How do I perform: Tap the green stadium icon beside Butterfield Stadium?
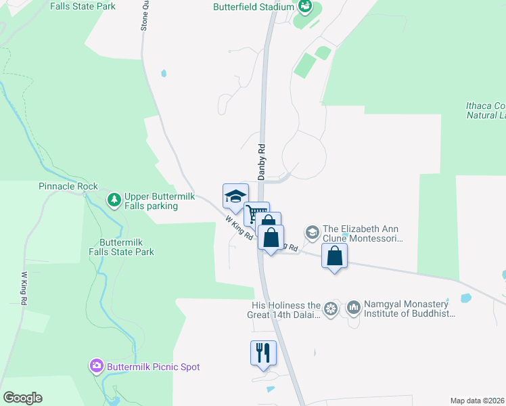pyautogui.click(x=305, y=7)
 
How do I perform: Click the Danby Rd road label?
pyautogui.click(x=261, y=161)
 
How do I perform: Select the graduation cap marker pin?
pyautogui.click(x=235, y=196)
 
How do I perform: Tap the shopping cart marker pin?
pyautogui.click(x=256, y=214)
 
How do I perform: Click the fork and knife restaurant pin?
pyautogui.click(x=263, y=353)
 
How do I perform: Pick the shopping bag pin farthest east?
pyautogui.click(x=334, y=256)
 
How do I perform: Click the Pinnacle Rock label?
pyautogui.click(x=68, y=186)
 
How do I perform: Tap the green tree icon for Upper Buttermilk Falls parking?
pyautogui.click(x=114, y=200)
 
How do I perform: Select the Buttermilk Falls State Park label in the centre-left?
pyautogui.click(x=127, y=247)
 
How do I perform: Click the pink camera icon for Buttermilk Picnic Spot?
pyautogui.click(x=97, y=366)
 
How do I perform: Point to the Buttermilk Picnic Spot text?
pyautogui.click(x=152, y=367)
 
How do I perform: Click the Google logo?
pyautogui.click(x=22, y=398)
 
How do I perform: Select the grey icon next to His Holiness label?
pyautogui.click(x=331, y=309)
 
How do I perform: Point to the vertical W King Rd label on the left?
pyautogui.click(x=24, y=288)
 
